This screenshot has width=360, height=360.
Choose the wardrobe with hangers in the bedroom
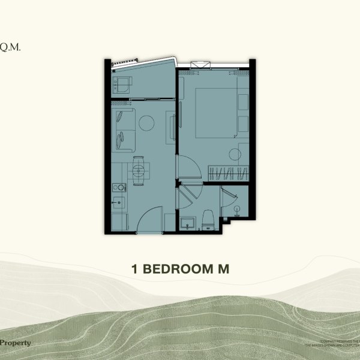[x=228, y=172]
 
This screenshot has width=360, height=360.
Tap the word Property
[x=16, y=343]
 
